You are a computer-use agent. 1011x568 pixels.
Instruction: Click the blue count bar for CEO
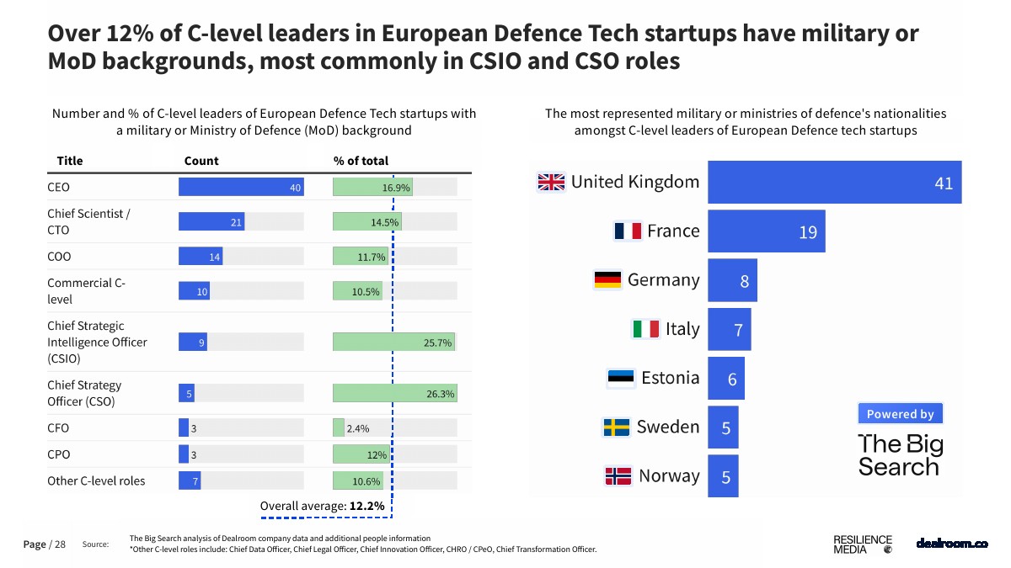coord(240,187)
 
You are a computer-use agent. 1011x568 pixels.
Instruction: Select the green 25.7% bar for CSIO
coord(393,342)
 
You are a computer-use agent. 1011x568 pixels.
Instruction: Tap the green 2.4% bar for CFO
coord(339,427)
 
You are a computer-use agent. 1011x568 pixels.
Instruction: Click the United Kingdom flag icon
coord(552,182)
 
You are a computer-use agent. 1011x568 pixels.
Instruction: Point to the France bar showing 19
coord(766,231)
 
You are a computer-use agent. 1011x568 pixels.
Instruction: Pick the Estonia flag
coord(621,378)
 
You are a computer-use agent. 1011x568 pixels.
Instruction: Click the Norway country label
coord(669,475)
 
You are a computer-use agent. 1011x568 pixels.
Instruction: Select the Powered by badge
coord(901,414)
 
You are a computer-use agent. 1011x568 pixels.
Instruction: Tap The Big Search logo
coord(901,455)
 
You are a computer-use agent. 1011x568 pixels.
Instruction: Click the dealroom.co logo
coord(951,544)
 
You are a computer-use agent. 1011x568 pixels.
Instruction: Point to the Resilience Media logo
coord(862,544)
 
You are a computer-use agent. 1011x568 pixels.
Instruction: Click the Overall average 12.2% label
coord(322,506)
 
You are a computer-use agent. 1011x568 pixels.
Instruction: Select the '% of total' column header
coord(361,161)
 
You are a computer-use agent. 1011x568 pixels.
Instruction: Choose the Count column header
coord(201,161)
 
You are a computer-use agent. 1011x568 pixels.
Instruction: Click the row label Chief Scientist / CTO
coord(88,221)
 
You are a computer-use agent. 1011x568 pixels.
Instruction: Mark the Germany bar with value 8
coord(732,280)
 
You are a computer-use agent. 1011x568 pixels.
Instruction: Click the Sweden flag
coord(616,427)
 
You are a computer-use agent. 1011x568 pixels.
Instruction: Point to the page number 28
coord(60,544)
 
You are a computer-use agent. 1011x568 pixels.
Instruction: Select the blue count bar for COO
coord(201,257)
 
